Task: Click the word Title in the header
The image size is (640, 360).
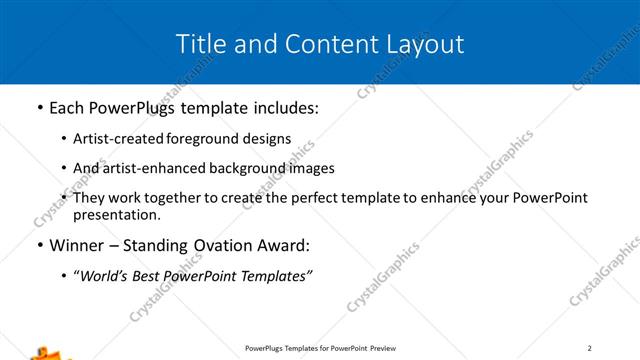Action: pos(198,44)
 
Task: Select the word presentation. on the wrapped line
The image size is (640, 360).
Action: pos(116,215)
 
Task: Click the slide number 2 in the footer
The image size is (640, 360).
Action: pos(590,348)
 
